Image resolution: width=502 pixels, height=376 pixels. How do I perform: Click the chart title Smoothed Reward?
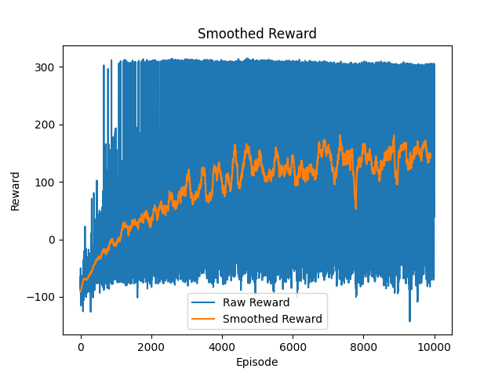click(x=257, y=34)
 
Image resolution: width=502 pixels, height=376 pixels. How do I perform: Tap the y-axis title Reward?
click(x=16, y=190)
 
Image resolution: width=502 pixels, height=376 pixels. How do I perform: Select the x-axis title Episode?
click(x=257, y=362)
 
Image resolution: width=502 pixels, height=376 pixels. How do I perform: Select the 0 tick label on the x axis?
click(x=80, y=347)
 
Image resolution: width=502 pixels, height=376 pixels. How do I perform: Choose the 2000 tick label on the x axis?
click(x=151, y=347)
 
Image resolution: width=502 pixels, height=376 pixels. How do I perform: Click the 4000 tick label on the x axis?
click(x=222, y=347)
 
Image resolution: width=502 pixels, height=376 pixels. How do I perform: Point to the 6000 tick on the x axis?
click(x=293, y=347)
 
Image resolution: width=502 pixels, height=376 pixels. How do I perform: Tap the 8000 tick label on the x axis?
click(x=363, y=347)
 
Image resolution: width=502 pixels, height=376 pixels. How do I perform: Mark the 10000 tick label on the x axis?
click(x=435, y=347)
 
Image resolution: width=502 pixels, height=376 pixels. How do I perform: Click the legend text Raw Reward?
click(x=256, y=303)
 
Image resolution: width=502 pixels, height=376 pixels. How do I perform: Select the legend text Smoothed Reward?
click(x=272, y=319)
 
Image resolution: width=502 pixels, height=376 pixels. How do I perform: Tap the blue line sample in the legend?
click(x=204, y=303)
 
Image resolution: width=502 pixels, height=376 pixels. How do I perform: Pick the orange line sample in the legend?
click(x=204, y=319)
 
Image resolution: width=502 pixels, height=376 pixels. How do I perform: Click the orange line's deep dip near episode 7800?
click(x=355, y=208)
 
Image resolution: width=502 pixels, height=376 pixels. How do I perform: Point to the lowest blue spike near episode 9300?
click(x=409, y=320)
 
